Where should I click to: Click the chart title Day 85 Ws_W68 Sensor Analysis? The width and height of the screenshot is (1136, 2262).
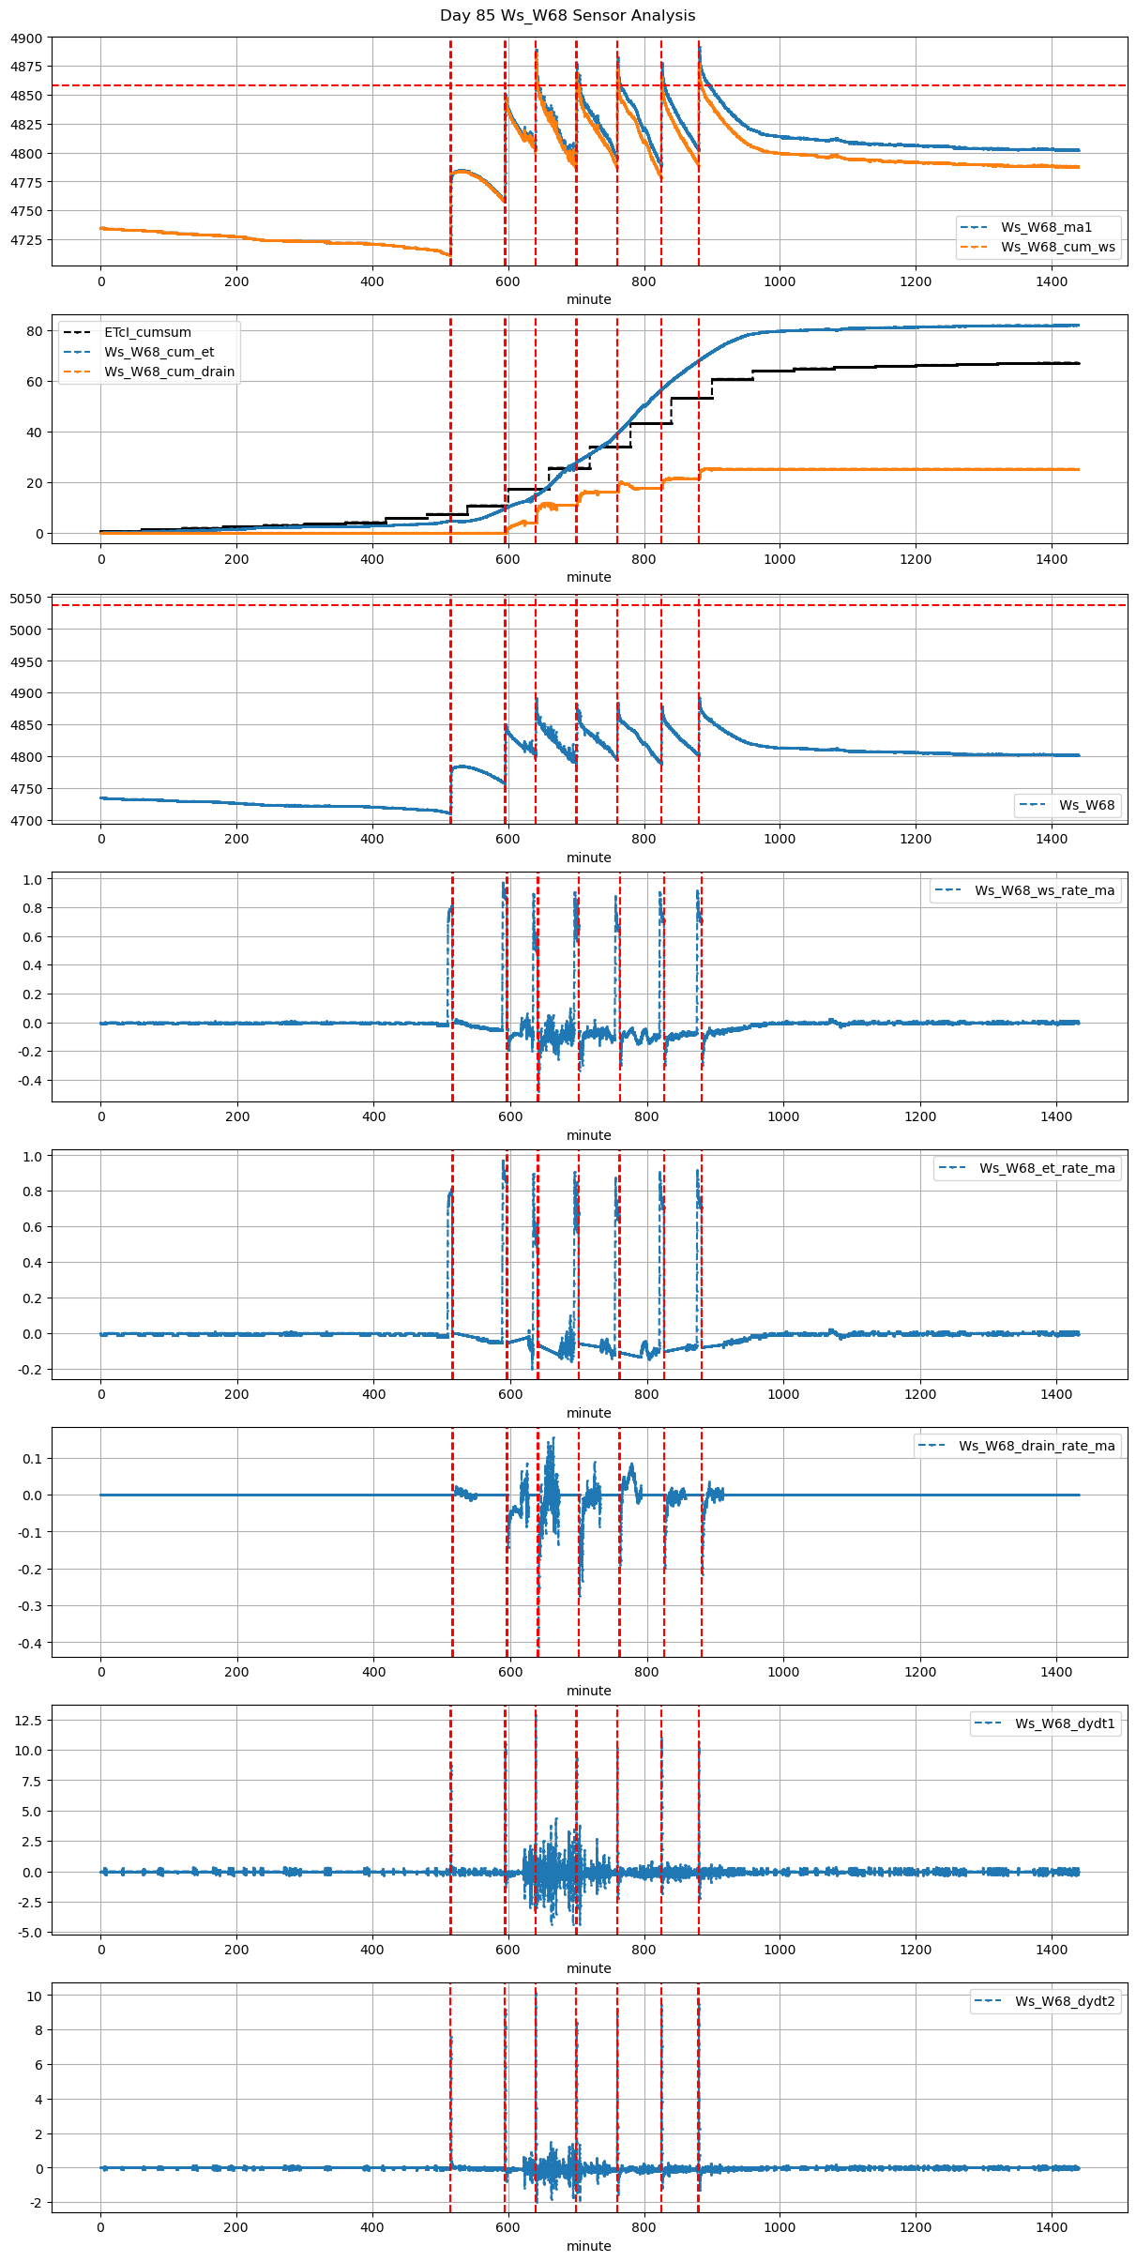[568, 16]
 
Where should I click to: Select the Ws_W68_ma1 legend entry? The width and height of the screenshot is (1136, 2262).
[1046, 227]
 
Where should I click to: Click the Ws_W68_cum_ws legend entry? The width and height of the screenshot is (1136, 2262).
[1057, 247]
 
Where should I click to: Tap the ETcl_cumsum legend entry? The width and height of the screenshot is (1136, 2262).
[147, 332]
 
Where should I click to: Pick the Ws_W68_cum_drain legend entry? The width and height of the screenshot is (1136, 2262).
[169, 372]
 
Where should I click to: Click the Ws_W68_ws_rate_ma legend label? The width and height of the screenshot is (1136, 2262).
[1044, 890]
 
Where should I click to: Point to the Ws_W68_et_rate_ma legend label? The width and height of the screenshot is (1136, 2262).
[1047, 1168]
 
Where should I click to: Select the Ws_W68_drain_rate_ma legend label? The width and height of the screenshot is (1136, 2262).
[1037, 1446]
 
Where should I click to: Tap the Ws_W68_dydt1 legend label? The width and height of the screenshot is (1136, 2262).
[1065, 1723]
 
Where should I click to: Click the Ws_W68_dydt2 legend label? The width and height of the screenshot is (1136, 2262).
[1065, 2001]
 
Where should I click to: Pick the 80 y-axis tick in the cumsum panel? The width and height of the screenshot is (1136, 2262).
[35, 331]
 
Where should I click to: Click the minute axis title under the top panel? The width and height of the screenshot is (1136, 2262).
[588, 299]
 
